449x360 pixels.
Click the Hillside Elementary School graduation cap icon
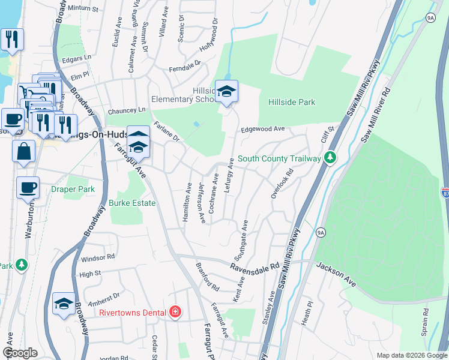coord(227,91)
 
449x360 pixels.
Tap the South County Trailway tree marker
coord(329,158)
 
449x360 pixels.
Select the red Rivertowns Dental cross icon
coord(175,312)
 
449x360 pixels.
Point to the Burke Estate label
coord(132,203)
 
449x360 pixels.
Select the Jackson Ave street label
coord(337,272)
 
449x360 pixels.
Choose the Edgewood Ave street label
coord(262,129)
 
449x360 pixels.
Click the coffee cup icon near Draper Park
coord(28,188)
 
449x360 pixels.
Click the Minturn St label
coord(82,9)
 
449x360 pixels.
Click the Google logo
coord(19,353)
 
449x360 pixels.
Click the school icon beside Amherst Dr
coord(64,303)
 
